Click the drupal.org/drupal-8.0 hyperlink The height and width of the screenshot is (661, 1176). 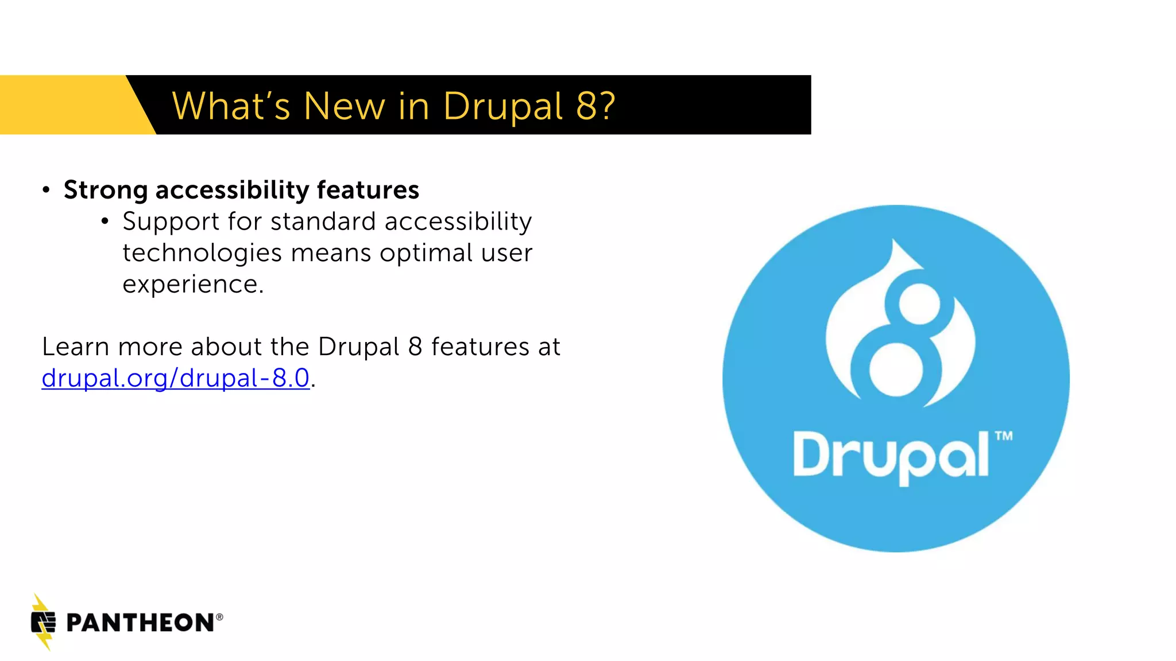[176, 378]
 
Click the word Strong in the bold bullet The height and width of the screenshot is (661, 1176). [106, 190]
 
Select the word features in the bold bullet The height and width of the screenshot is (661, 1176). [367, 190]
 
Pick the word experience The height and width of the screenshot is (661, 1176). [192, 285]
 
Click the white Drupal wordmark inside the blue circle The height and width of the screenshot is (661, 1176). [891, 456]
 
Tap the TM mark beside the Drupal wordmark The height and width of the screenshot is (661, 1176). [1004, 436]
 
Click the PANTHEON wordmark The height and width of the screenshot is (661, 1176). [140, 623]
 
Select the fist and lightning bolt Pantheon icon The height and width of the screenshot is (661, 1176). [43, 623]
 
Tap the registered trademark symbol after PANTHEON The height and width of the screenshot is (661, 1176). [219, 617]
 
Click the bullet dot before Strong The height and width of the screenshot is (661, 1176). [47, 190]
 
